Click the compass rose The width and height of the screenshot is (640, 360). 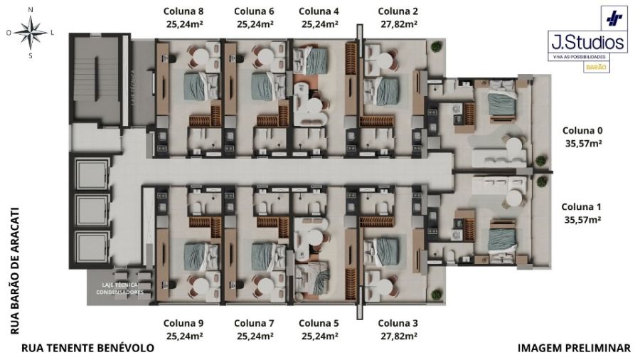click(30, 31)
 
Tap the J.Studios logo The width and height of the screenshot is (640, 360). click(587, 41)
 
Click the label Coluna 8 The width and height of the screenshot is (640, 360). click(183, 11)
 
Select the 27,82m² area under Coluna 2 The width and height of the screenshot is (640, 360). click(398, 23)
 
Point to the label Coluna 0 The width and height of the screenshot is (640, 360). click(582, 130)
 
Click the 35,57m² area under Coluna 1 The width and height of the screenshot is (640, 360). click(582, 220)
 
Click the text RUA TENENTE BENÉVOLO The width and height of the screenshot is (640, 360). click(87, 349)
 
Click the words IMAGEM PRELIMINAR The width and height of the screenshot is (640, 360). click(574, 349)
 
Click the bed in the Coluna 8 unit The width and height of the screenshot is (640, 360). click(199, 86)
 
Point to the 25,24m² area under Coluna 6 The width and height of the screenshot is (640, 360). click(255, 23)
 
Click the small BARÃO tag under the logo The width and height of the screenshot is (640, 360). click(595, 67)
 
